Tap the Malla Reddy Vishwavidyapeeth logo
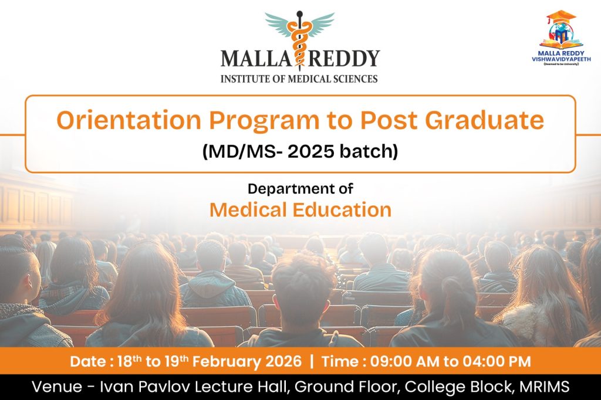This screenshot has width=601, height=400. (x=561, y=38)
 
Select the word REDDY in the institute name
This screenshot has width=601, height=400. (x=344, y=59)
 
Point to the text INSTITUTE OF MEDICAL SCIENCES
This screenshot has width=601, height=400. (x=299, y=79)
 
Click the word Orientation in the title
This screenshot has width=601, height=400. (x=129, y=120)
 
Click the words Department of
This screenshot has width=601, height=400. (x=300, y=188)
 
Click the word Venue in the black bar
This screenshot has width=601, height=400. (x=57, y=387)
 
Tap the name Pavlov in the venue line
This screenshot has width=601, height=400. (x=164, y=387)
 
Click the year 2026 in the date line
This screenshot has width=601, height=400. (x=285, y=361)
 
